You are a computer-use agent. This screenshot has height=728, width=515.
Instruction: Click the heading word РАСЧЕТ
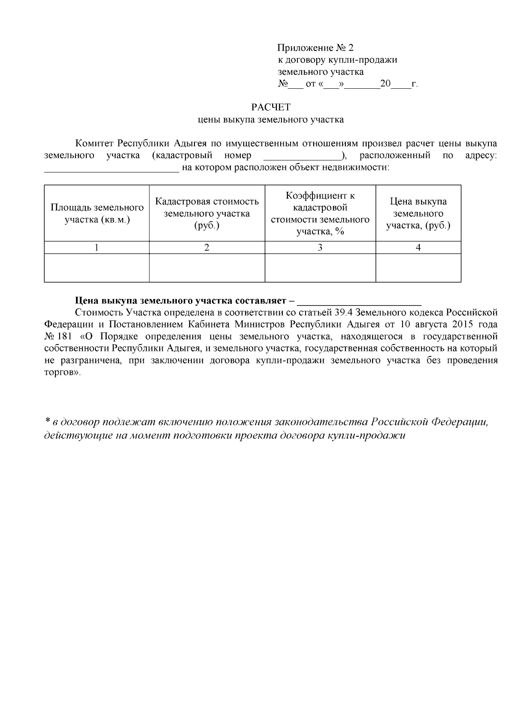pos(270,107)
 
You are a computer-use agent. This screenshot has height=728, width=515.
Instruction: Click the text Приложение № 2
pos(315,48)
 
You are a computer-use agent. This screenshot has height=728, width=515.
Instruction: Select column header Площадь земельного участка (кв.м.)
pos(97,214)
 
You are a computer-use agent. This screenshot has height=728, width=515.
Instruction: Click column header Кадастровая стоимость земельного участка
pos(207,214)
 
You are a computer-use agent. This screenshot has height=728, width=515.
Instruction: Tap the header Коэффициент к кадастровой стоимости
pos(320,214)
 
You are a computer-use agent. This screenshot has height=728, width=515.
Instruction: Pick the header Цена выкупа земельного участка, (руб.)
pos(418,214)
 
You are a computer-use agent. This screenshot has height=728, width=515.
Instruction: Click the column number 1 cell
pos(97,248)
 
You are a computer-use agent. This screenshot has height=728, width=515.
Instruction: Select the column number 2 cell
pos(207,248)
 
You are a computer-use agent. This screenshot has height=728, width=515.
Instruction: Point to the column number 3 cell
pos(320,248)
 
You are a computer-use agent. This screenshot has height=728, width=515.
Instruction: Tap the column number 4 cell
pos(418,248)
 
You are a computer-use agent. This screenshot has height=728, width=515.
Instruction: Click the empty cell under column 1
pos(97,268)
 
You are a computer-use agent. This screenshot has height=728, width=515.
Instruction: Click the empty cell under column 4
pos(418,268)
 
